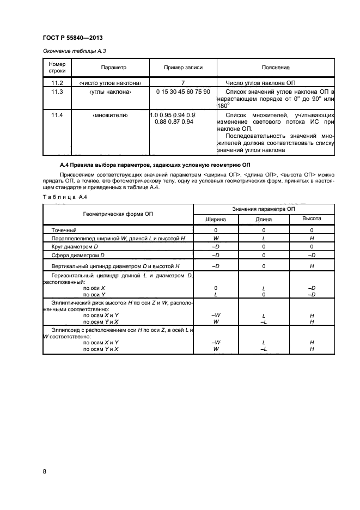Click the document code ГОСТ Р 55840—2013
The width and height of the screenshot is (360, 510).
[x=72, y=38]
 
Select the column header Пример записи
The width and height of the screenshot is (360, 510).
[x=184, y=68]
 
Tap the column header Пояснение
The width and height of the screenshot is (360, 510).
[x=276, y=68]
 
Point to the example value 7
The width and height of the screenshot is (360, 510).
[x=183, y=82]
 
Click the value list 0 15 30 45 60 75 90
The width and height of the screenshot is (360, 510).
[x=183, y=92]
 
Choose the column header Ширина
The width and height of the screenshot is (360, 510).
[x=216, y=219]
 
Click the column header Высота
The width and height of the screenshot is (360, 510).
[x=312, y=219]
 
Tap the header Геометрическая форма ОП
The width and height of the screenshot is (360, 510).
[x=118, y=214]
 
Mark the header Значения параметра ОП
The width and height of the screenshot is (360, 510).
[x=264, y=209]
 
